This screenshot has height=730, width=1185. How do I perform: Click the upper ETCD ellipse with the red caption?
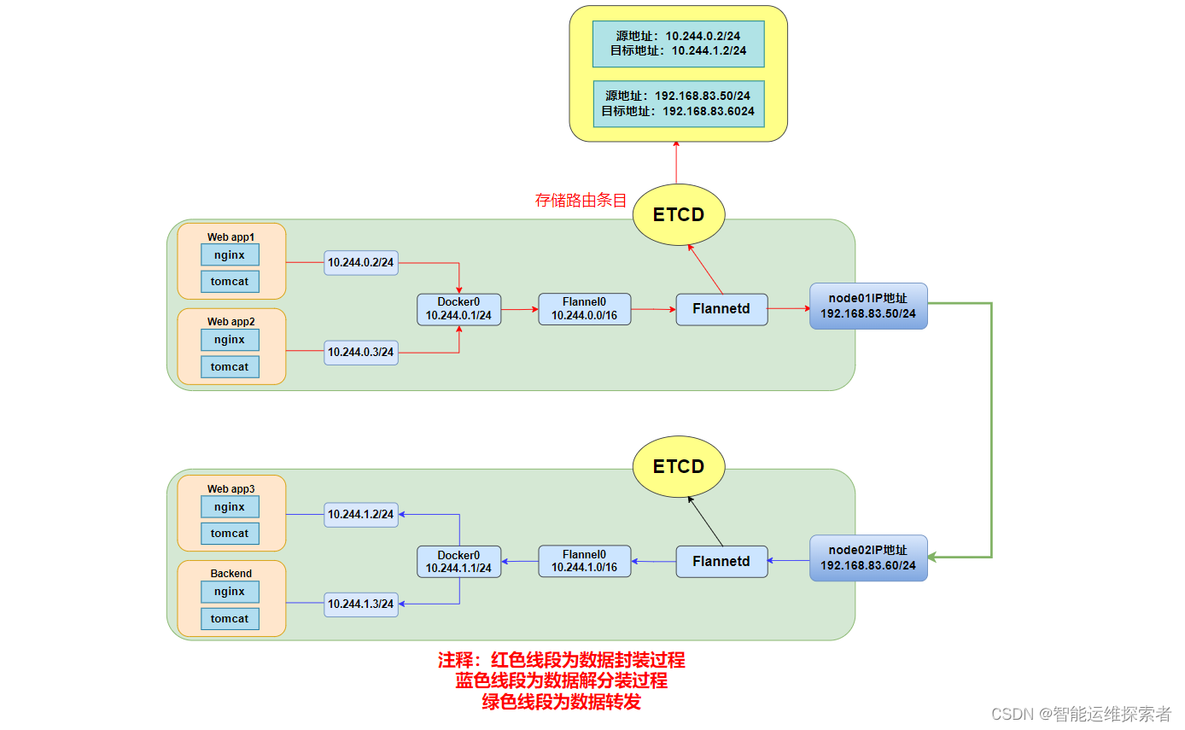pos(679,214)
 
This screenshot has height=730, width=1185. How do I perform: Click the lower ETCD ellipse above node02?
pos(679,466)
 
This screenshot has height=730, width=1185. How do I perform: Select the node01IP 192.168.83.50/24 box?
pos(868,306)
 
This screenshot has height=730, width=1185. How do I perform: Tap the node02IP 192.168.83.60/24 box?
pos(868,558)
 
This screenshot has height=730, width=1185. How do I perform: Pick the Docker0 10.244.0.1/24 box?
pos(458,309)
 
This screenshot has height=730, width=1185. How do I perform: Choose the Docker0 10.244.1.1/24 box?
pos(458,561)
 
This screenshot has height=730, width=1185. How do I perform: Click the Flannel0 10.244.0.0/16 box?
pos(585,309)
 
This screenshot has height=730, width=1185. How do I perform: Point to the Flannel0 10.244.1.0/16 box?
pos(585,561)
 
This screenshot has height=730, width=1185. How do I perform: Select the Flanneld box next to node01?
pos(721,309)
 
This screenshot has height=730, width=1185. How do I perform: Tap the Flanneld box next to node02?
pos(721,561)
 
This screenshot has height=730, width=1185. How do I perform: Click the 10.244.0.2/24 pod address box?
pos(361,262)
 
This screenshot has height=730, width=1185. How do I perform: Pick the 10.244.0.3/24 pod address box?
pos(361,353)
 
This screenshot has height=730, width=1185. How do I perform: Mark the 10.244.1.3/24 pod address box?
pos(361,604)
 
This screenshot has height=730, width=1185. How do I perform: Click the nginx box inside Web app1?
pos(230,255)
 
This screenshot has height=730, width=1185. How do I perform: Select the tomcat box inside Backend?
pos(230,619)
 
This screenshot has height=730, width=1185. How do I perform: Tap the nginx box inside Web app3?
pos(230,507)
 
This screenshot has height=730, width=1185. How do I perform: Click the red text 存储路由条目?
pos(581,200)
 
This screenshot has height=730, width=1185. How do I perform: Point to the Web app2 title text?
pos(231,322)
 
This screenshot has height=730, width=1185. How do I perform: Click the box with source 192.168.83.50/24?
pos(679,103)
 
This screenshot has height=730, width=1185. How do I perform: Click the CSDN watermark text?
pos(1081,714)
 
